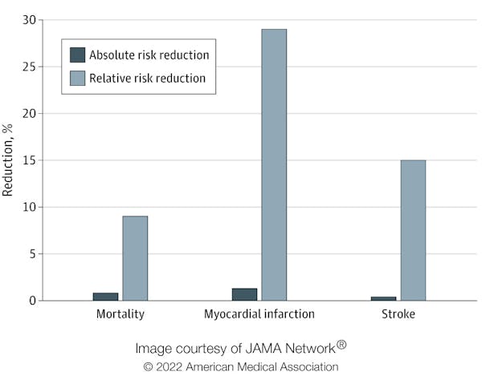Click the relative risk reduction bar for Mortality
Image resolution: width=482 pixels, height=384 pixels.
point(135,258)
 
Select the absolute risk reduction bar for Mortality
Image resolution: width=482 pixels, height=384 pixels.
point(105,297)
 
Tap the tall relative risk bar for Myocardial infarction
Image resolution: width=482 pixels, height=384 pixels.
point(274,164)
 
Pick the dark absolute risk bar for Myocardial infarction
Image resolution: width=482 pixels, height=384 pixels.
point(244,294)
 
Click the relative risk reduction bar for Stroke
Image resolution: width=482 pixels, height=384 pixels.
point(413,230)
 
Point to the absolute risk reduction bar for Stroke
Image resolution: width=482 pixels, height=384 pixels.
point(383,298)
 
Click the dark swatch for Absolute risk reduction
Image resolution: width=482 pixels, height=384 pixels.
point(78,55)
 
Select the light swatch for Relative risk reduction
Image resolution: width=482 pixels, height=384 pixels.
point(78,79)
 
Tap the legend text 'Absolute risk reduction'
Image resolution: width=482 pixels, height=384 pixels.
point(149,55)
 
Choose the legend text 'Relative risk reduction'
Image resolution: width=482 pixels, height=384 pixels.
point(147,79)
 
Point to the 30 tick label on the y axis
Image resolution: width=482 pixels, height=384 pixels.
point(30,20)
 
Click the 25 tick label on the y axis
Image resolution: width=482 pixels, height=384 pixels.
point(30,67)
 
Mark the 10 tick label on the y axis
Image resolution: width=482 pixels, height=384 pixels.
point(30,207)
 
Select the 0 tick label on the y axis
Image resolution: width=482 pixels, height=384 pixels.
point(33,301)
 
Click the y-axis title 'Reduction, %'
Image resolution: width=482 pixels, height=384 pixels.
point(9,160)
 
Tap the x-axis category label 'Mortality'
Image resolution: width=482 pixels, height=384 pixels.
point(120,314)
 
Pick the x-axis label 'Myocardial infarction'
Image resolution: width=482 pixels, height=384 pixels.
point(259,314)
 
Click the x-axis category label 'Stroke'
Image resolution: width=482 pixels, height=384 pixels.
point(398,314)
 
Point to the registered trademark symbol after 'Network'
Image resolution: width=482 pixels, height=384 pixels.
point(341,345)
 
